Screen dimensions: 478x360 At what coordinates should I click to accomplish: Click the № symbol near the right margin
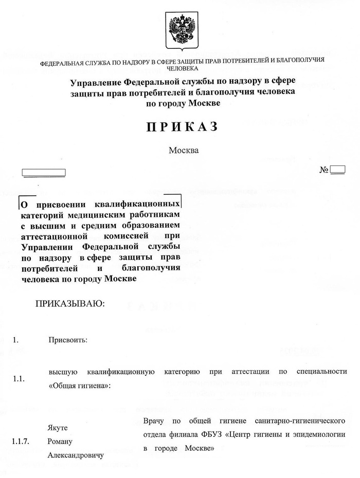(x=324, y=169)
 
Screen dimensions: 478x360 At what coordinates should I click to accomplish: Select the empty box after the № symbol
(x=338, y=169)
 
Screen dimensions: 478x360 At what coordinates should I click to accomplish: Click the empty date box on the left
(x=43, y=172)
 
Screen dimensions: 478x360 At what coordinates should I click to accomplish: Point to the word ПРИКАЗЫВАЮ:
(x=69, y=304)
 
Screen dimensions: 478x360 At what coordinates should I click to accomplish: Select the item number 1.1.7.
(x=21, y=442)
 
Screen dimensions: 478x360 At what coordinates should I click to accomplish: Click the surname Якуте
(x=58, y=428)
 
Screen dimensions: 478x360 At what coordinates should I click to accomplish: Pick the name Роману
(x=60, y=442)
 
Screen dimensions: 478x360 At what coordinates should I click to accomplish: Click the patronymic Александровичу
(x=76, y=455)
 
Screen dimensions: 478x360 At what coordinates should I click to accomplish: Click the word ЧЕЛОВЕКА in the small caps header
(x=180, y=68)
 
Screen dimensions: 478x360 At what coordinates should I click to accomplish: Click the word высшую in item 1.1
(x=63, y=372)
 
